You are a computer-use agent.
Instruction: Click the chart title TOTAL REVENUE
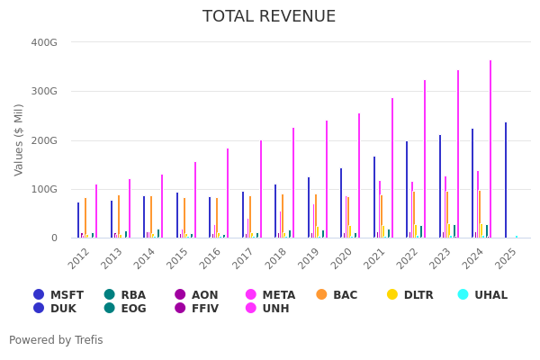pos(269,17)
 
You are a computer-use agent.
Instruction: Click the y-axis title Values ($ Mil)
pos(19,139)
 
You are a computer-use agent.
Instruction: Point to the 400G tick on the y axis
pos(44,42)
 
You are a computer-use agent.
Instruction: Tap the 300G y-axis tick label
pos(44,91)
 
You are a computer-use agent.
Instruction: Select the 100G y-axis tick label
pos(44,189)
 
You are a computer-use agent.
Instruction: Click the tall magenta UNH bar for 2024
pos(490,149)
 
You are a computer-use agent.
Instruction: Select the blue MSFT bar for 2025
pos(506,180)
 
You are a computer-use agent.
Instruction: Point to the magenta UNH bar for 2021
pos(392,168)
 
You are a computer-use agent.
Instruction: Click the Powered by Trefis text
pos(56,340)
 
